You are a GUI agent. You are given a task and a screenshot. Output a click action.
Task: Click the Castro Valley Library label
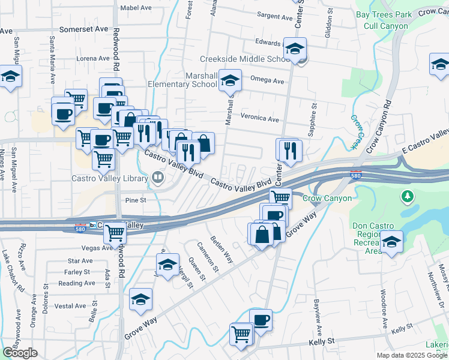point(109,178)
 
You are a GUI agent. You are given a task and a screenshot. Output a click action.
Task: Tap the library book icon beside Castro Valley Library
point(157,177)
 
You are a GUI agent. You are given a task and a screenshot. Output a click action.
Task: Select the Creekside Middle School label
point(245,59)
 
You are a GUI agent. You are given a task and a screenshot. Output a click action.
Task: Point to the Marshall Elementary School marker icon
point(229,80)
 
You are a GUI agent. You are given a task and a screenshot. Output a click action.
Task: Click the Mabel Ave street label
point(136,8)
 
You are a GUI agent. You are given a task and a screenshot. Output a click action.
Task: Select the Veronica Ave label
point(260,119)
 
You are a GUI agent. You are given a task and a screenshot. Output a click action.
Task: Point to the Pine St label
point(136,200)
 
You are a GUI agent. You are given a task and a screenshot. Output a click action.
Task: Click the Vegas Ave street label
point(81,248)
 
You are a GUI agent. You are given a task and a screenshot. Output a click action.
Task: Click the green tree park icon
point(408,196)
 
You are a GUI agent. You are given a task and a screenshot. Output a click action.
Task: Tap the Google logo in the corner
point(20,353)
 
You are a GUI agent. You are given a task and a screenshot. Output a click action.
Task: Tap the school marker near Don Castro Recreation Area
point(391,243)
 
